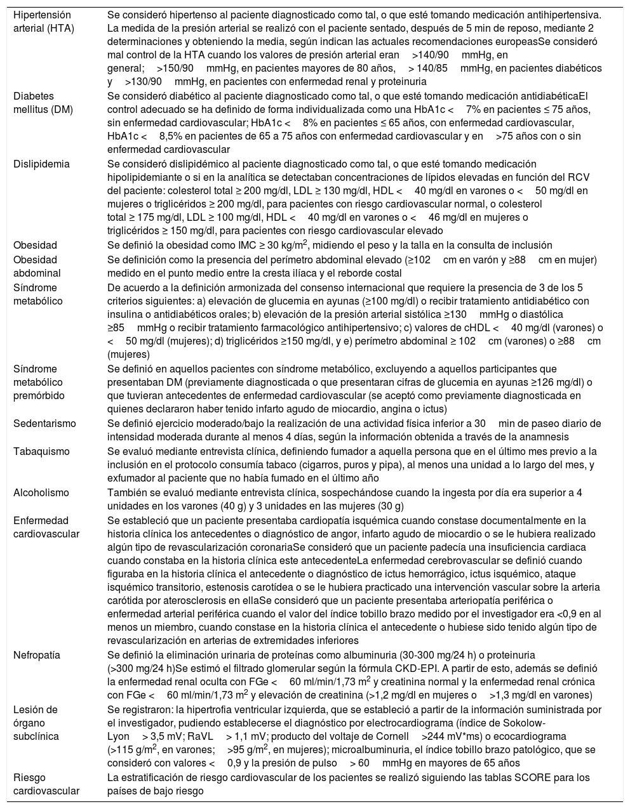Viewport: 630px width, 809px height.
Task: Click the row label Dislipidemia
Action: tap(41, 164)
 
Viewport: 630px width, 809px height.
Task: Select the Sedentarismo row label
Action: tap(44, 423)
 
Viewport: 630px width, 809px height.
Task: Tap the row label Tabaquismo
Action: tap(41, 451)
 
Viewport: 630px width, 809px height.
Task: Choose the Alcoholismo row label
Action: tap(41, 492)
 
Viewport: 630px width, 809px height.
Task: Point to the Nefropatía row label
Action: tap(38, 654)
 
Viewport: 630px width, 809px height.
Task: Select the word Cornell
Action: tap(392, 737)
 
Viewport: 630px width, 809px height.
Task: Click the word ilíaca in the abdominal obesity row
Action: tap(340, 273)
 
